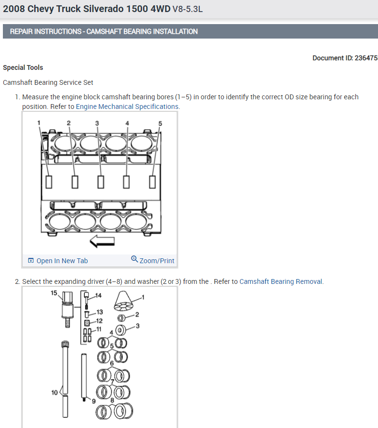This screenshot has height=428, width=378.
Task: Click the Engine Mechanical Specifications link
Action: click(x=128, y=107)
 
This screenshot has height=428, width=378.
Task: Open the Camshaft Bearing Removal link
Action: click(x=281, y=281)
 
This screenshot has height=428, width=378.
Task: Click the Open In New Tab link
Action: click(x=62, y=261)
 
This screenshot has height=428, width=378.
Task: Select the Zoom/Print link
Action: click(x=156, y=261)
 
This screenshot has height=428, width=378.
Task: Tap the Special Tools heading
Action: click(x=23, y=67)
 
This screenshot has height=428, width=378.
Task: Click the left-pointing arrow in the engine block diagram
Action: click(x=102, y=241)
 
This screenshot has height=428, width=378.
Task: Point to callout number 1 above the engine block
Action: click(x=39, y=123)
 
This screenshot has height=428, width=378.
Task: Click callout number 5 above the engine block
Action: click(x=160, y=123)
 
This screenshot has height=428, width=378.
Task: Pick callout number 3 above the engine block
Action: click(x=97, y=123)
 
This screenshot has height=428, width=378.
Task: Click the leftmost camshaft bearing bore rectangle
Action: click(x=49, y=182)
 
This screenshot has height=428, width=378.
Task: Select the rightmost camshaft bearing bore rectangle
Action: click(x=153, y=182)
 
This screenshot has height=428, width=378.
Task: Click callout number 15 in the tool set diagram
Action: click(x=53, y=293)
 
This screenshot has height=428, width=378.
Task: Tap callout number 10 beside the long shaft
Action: click(x=54, y=392)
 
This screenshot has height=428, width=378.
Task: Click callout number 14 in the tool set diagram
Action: click(x=99, y=294)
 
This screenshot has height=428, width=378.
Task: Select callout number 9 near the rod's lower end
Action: click(x=94, y=401)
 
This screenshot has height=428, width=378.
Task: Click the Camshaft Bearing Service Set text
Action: click(x=48, y=82)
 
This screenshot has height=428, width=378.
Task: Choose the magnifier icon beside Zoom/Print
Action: click(x=134, y=259)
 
